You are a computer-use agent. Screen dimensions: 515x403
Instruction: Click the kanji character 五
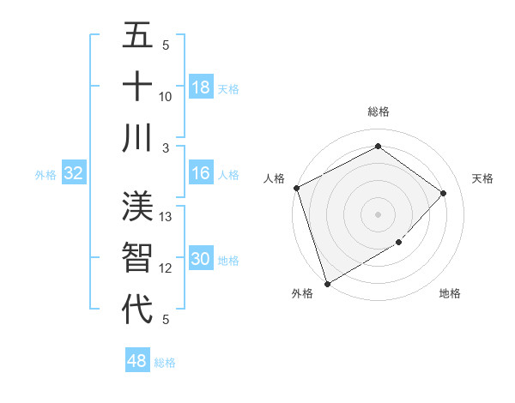pyautogui.click(x=137, y=35)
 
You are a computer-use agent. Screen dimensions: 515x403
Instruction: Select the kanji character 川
pyautogui.click(x=137, y=137)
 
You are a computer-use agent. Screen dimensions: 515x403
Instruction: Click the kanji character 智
pyautogui.click(x=137, y=258)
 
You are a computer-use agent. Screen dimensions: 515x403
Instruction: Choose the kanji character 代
pyautogui.click(x=137, y=309)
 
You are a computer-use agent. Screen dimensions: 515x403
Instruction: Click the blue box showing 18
pyautogui.click(x=200, y=87)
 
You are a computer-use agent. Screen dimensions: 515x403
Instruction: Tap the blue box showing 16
pyautogui.click(x=200, y=173)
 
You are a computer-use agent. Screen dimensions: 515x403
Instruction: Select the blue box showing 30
pyautogui.click(x=200, y=259)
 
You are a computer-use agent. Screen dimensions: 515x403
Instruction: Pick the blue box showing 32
pyautogui.click(x=73, y=174)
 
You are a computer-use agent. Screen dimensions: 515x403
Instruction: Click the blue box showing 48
pyautogui.click(x=137, y=361)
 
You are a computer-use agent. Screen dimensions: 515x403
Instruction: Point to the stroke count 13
pyautogui.click(x=167, y=217)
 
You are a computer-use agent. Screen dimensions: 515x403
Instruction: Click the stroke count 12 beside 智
pyautogui.click(x=167, y=268)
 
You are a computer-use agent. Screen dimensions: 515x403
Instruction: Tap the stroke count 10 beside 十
pyautogui.click(x=167, y=96)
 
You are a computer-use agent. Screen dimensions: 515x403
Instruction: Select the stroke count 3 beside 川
pyautogui.click(x=167, y=147)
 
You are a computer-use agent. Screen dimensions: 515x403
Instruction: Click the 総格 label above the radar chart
pyautogui.click(x=379, y=111)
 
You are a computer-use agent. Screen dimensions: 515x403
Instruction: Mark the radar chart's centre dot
pyautogui.click(x=378, y=214)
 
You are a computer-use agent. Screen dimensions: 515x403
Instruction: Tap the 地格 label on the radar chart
pyautogui.click(x=450, y=293)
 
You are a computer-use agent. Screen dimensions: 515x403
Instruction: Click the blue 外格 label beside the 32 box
pyautogui.click(x=45, y=175)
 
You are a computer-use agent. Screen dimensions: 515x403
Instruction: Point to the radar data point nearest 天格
pyautogui.click(x=443, y=193)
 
